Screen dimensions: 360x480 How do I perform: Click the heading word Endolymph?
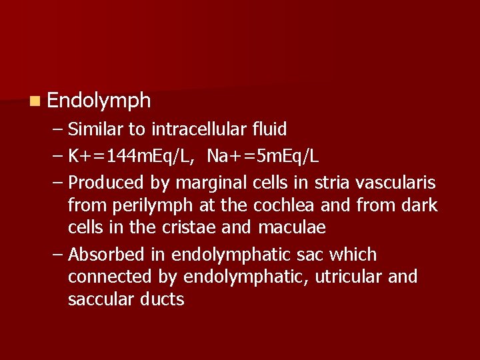[x=99, y=101]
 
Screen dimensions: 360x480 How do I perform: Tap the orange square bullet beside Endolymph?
[x=34, y=101]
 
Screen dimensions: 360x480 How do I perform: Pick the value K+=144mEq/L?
[x=132, y=156]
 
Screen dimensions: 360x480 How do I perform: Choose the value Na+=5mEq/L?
[x=263, y=156]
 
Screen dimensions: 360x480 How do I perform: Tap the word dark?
[x=419, y=205]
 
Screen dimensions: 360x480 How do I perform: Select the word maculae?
[x=291, y=227]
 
